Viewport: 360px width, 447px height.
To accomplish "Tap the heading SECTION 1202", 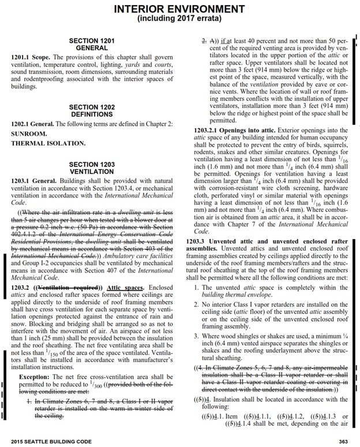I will [96, 107].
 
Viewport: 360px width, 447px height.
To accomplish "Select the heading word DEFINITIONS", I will [96, 115].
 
